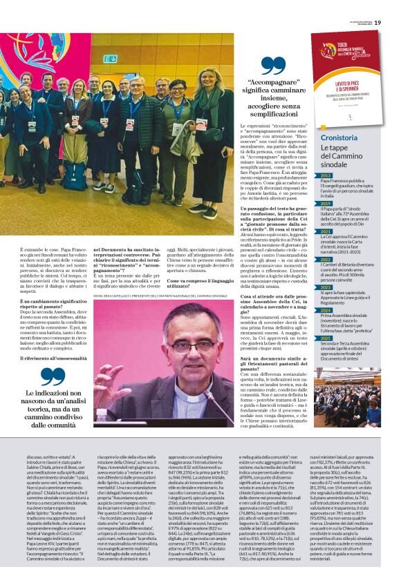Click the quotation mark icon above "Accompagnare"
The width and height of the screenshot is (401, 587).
pyautogui.click(x=274, y=66)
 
